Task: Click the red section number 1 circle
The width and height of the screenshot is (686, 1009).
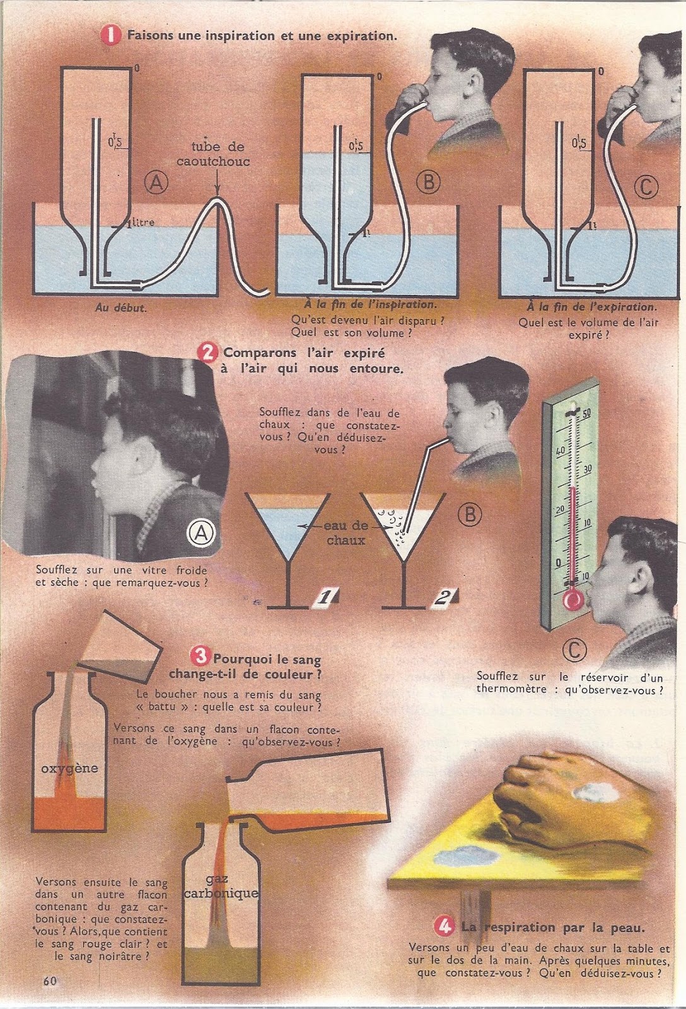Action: [x=111, y=35]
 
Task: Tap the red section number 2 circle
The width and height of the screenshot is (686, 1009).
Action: [x=208, y=353]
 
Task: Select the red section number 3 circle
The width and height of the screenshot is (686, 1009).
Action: [x=199, y=655]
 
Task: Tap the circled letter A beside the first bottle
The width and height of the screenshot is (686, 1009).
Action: [x=156, y=183]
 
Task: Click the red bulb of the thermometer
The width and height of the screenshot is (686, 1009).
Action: [x=573, y=600]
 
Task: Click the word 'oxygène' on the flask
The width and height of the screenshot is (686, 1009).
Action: [x=69, y=768]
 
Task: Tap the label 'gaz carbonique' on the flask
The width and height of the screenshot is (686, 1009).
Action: [x=221, y=885]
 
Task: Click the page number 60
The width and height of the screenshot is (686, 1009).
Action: [x=50, y=981]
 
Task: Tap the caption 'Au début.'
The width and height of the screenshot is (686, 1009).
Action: [x=120, y=308]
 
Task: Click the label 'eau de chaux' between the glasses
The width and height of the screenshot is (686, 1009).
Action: [x=346, y=532]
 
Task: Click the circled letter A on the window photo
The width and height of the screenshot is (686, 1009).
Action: [x=201, y=534]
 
